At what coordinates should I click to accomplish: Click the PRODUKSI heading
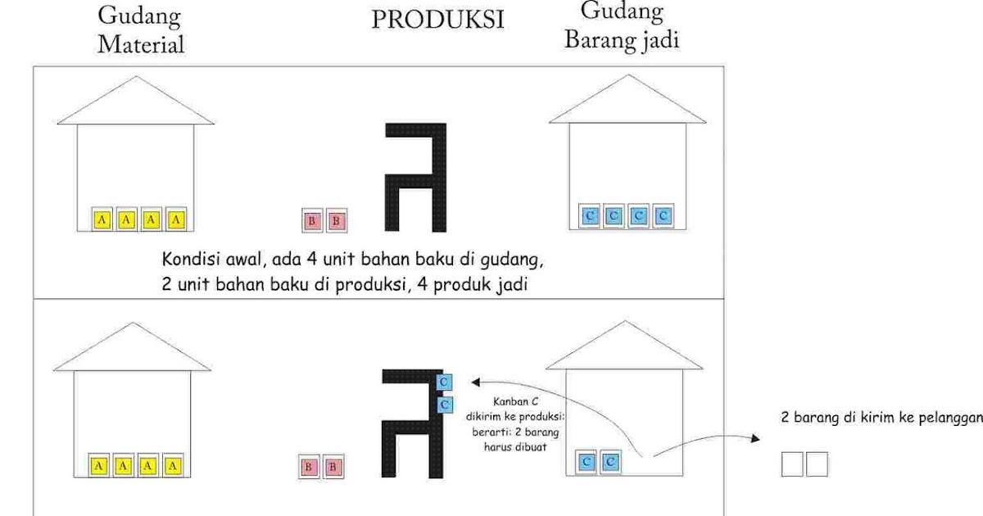click(437, 20)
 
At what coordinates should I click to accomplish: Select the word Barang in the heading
click(595, 39)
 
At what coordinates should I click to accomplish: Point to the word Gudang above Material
click(139, 16)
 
